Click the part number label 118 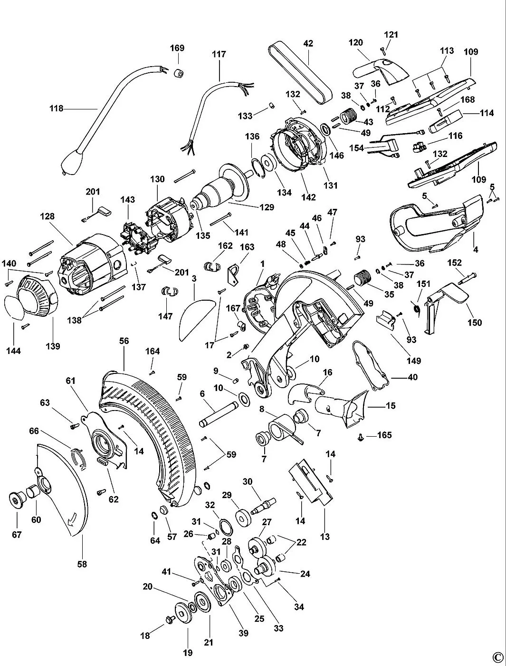(x=56, y=108)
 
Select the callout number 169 (x=177, y=48)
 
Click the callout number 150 (x=474, y=323)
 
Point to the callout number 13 (x=325, y=537)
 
